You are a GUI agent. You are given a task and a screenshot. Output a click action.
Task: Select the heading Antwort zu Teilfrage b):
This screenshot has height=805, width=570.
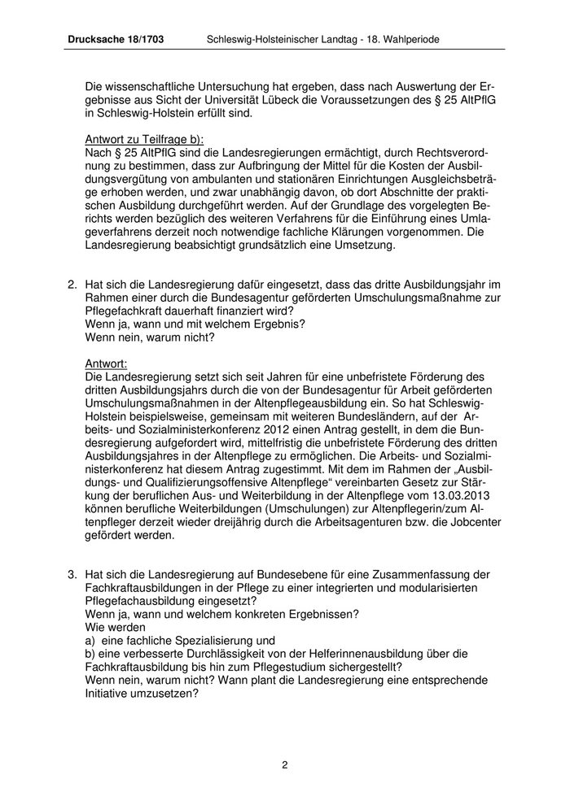(x=144, y=139)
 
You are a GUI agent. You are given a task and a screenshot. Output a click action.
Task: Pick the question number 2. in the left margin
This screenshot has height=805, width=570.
(x=72, y=285)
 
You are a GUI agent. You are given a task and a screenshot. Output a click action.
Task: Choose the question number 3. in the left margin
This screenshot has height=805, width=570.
(x=72, y=575)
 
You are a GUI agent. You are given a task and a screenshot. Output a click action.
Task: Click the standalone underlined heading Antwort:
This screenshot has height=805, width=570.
(x=106, y=363)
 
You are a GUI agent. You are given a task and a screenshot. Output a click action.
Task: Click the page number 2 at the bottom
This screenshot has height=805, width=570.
(x=285, y=764)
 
